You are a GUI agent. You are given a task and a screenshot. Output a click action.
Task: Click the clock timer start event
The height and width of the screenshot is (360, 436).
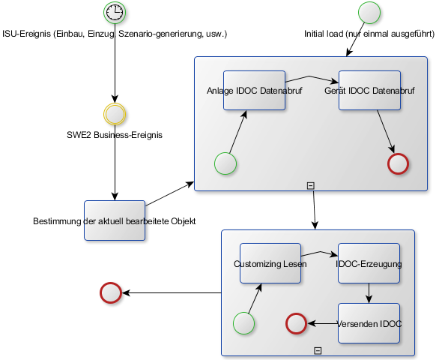[115, 13]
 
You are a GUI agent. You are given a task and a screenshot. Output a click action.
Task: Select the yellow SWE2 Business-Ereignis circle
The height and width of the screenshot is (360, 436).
[115, 114]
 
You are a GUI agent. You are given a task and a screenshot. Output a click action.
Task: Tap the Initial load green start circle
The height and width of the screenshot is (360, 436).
[369, 13]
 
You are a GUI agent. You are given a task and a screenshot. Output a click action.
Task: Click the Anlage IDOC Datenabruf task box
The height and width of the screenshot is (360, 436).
[255, 90]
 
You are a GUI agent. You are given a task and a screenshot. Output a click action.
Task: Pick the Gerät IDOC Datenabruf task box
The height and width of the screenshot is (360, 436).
[369, 90]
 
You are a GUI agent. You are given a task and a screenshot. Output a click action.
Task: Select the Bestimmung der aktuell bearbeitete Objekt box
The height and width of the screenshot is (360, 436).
[115, 220]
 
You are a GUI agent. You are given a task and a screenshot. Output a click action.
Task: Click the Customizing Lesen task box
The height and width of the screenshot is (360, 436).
[270, 263]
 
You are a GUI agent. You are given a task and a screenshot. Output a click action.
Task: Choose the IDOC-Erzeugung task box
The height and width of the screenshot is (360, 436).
[369, 263]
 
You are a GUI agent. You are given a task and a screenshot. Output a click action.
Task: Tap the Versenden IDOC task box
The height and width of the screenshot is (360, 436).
[369, 323]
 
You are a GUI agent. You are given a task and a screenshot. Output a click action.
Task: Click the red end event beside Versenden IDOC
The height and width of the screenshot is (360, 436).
[296, 323]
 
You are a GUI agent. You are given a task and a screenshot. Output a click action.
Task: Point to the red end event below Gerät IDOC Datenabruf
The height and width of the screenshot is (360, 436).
[399, 163]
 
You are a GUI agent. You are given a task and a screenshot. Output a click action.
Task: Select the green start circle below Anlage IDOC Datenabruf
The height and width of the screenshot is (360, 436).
[225, 163]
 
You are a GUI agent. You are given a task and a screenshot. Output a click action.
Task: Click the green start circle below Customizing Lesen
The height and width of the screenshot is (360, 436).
[244, 323]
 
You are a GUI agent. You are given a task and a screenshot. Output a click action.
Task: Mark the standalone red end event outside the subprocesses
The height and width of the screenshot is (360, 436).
[111, 292]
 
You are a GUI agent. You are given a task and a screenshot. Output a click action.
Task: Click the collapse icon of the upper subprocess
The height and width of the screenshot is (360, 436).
[311, 186]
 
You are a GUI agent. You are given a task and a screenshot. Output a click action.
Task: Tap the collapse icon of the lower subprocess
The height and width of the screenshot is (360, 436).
[318, 351]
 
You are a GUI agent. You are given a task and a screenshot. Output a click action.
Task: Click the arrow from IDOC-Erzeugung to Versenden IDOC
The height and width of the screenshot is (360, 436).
[369, 293]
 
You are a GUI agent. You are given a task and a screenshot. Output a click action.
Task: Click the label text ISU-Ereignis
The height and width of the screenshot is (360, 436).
[27, 34]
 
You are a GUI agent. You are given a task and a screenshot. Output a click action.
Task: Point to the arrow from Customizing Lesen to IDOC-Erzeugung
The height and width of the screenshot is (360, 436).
[321, 252]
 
